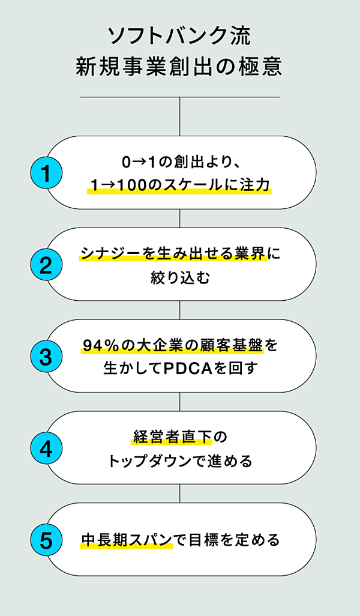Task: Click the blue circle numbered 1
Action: point(46,173)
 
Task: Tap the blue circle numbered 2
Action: point(46,265)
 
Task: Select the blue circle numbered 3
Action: point(46,357)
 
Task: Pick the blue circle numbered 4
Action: point(46,448)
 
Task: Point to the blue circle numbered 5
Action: point(46,540)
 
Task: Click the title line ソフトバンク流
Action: point(179,37)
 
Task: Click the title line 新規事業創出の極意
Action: point(179,67)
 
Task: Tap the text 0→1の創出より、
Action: point(179,162)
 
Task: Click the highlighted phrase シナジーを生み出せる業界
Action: point(173,254)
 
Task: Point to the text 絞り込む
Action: point(179,277)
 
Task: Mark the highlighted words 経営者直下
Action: point(172,437)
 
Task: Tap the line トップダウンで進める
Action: point(179,460)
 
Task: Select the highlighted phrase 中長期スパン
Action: point(127,540)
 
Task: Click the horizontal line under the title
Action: point(179,97)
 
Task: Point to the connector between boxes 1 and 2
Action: point(180,219)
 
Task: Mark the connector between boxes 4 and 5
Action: point(180,494)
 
